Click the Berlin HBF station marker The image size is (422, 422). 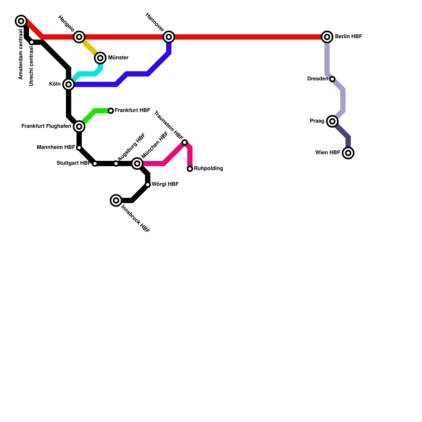(327, 37)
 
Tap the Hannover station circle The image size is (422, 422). (169, 37)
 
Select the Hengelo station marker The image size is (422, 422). (79, 37)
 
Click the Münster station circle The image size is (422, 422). (100, 58)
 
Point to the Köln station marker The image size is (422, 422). (69, 84)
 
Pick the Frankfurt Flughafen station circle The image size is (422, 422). (79, 127)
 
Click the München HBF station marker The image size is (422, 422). (137, 164)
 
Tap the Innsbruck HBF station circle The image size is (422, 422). (116, 200)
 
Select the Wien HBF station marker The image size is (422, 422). (348, 153)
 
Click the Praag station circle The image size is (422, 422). (332, 121)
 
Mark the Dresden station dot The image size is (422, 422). (332, 79)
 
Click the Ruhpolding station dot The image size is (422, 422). (190, 169)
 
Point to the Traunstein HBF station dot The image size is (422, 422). (185, 142)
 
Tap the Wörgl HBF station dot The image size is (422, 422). (148, 185)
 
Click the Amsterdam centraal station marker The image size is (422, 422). (21, 21)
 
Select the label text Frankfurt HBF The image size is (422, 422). (132, 110)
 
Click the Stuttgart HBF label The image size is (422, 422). (74, 163)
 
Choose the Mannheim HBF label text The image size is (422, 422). (56, 147)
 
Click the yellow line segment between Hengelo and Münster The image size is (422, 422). (90, 47)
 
